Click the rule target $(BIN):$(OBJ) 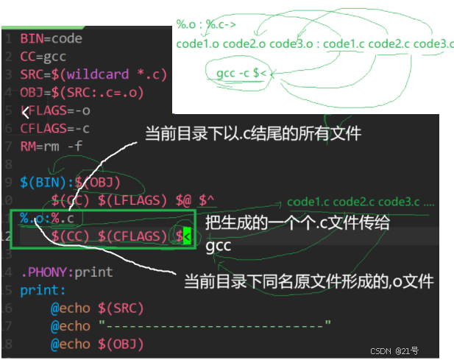coord(70,182)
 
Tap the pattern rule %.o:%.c coord(47,218)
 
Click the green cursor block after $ coord(187,236)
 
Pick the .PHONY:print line coord(67,272)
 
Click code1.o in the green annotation coord(197,44)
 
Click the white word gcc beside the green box coord(219,246)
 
